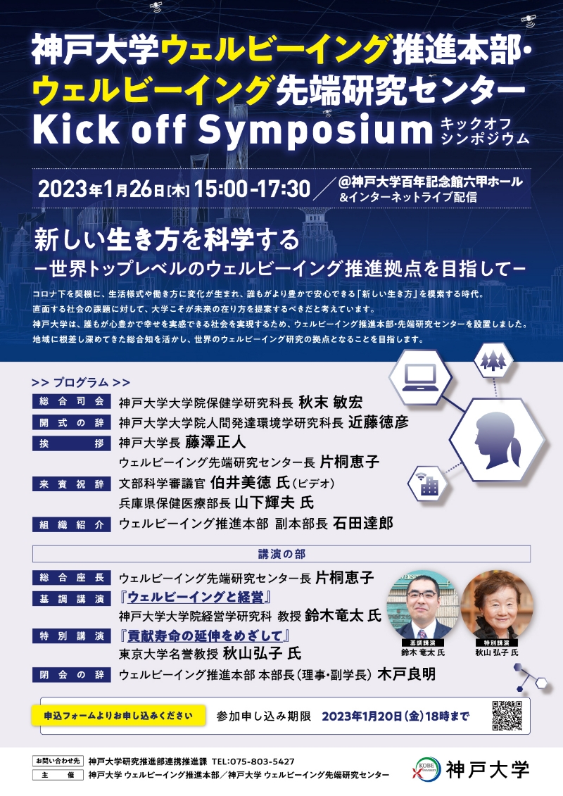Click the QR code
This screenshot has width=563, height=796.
(x=507, y=715)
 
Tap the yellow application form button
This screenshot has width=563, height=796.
(x=118, y=715)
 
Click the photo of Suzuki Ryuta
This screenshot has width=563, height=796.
(x=422, y=605)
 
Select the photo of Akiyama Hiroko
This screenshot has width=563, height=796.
(x=497, y=605)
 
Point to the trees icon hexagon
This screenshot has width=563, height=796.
(x=493, y=360)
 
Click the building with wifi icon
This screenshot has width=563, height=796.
(x=427, y=484)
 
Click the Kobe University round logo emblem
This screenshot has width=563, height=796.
(x=427, y=769)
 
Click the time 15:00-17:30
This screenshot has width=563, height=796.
(x=252, y=189)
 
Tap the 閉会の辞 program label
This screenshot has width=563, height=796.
(x=72, y=675)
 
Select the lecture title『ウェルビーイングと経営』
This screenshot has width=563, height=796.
(x=196, y=597)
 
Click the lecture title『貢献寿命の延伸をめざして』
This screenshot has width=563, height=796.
(x=205, y=635)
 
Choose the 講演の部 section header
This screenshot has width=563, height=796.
(x=281, y=554)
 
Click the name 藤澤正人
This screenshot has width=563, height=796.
(x=215, y=442)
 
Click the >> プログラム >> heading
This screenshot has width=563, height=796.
(x=81, y=382)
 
